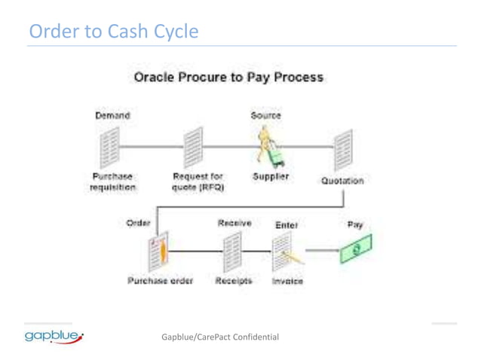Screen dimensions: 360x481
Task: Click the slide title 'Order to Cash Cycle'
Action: click(x=114, y=32)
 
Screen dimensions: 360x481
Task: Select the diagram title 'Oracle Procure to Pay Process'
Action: click(x=228, y=78)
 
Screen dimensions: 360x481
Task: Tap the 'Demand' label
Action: click(x=112, y=116)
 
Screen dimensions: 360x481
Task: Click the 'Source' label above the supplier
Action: click(x=265, y=116)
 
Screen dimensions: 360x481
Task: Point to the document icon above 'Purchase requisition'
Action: click(x=110, y=148)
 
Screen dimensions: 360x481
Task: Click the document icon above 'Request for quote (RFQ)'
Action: click(x=193, y=148)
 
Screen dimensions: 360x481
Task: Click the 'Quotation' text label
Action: click(x=342, y=181)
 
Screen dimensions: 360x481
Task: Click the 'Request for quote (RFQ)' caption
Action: click(x=198, y=182)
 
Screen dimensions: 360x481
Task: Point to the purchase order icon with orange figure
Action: click(x=158, y=251)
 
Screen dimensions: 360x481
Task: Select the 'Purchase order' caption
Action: click(x=160, y=281)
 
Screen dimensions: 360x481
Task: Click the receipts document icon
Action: click(x=232, y=251)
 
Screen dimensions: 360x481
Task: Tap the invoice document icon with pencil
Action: click(x=283, y=252)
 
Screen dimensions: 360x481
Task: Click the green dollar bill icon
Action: click(x=355, y=249)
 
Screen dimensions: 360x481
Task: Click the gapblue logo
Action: click(x=54, y=335)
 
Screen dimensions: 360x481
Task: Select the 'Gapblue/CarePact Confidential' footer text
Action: click(x=220, y=337)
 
